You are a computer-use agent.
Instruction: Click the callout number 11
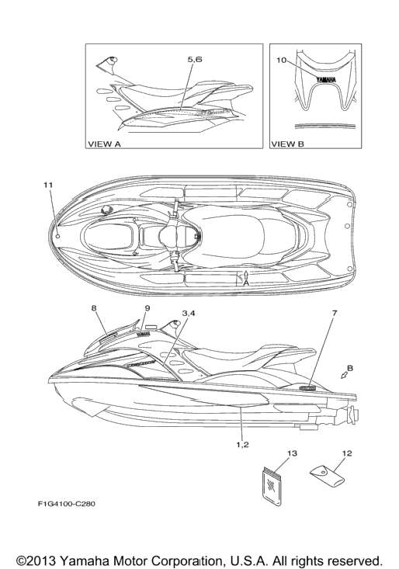click(x=48, y=185)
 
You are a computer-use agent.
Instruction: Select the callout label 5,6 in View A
click(x=195, y=60)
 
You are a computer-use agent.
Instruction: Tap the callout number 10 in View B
click(x=282, y=60)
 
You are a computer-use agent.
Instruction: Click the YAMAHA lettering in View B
click(x=325, y=79)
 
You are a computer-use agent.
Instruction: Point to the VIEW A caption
click(x=104, y=144)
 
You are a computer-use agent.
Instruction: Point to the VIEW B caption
click(x=288, y=144)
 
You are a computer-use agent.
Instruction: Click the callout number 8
click(x=94, y=308)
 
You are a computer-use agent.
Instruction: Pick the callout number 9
click(x=147, y=308)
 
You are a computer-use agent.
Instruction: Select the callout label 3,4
click(x=189, y=313)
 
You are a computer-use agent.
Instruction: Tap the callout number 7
click(x=335, y=312)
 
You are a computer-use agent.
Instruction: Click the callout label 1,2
click(x=242, y=445)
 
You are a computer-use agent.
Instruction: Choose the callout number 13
click(x=292, y=453)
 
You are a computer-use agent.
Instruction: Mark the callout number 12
click(x=347, y=453)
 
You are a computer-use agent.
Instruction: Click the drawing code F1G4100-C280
click(x=67, y=504)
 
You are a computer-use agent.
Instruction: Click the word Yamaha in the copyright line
click(x=83, y=560)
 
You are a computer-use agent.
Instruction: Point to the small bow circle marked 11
click(x=58, y=236)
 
